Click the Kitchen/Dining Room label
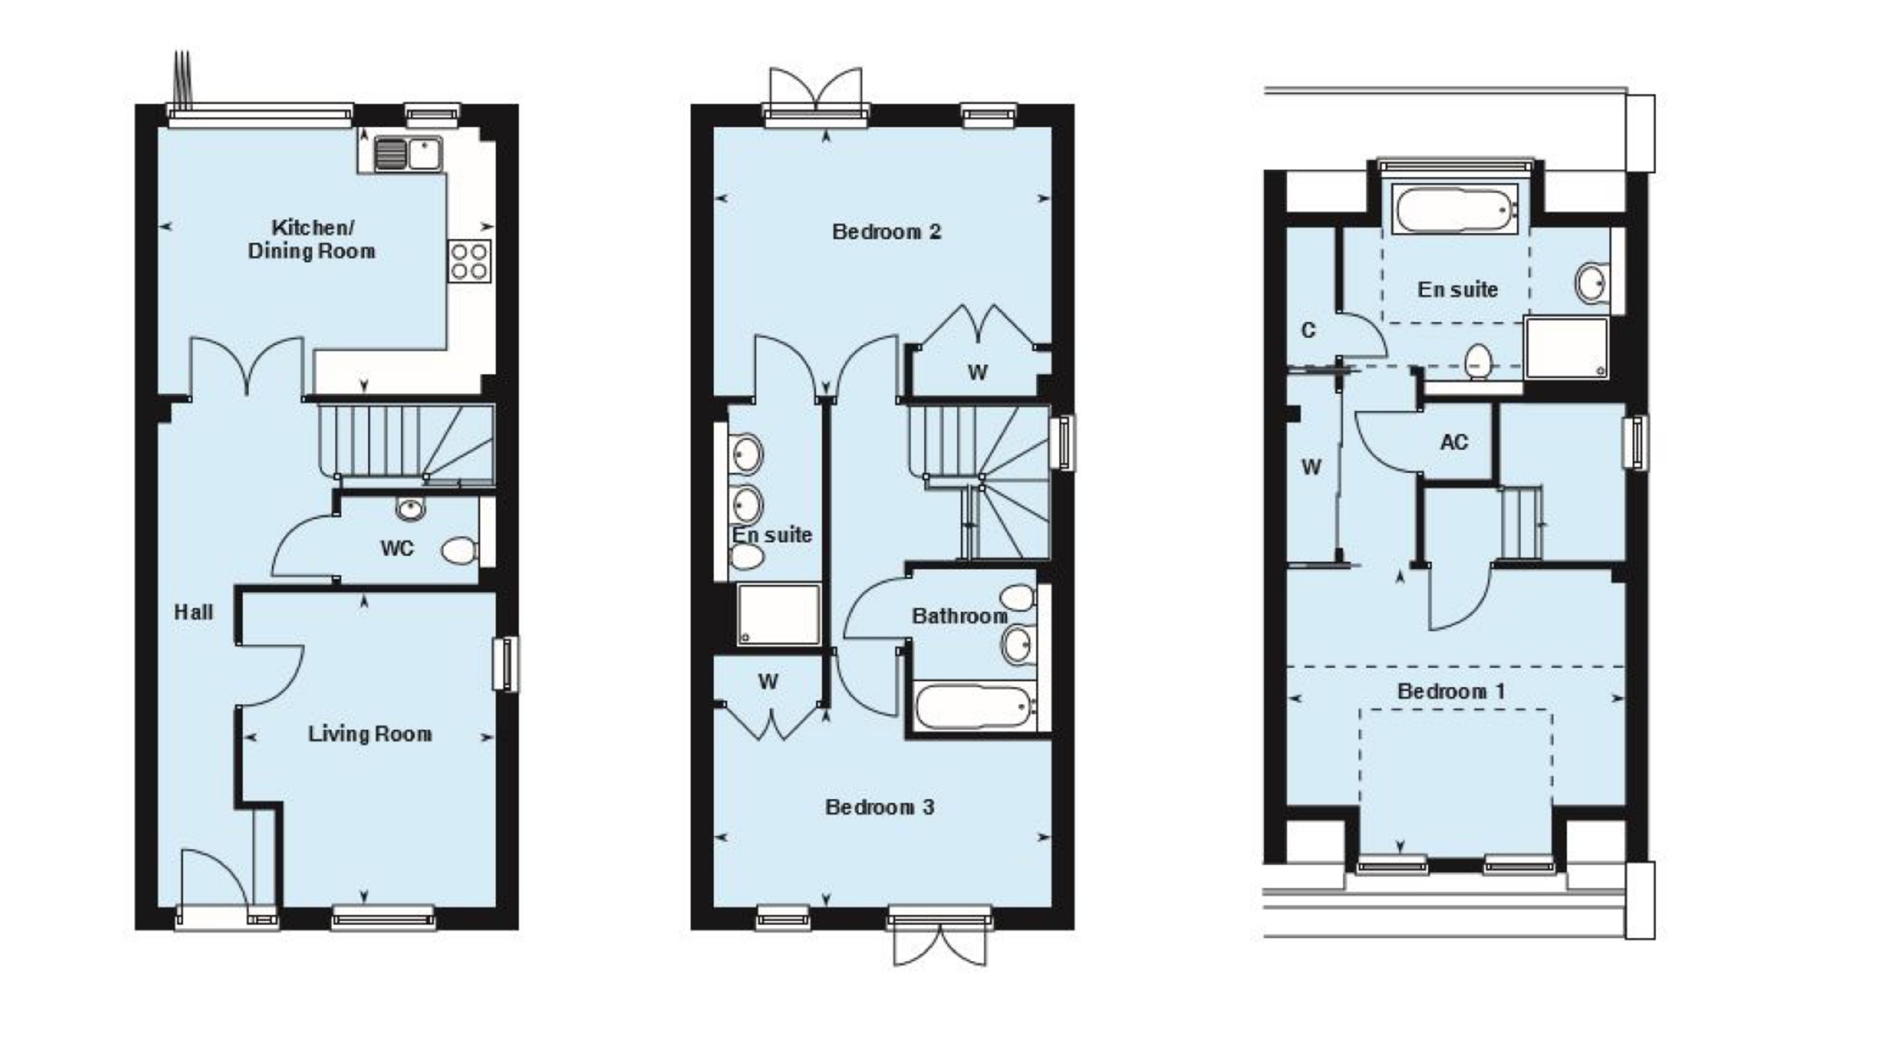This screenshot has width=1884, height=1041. pyautogui.click(x=312, y=239)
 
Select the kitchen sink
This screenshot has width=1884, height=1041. pyautogui.click(x=408, y=153)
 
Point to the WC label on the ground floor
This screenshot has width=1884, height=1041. pyautogui.click(x=397, y=548)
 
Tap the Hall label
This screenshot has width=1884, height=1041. pyautogui.click(x=194, y=612)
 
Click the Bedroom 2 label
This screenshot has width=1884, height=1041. pyautogui.click(x=887, y=232)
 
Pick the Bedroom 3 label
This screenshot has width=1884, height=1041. pyautogui.click(x=880, y=807)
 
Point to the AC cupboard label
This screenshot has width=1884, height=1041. pyautogui.click(x=1454, y=442)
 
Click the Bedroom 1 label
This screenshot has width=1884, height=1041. pyautogui.click(x=1451, y=691)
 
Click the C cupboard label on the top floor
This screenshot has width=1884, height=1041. pyautogui.click(x=1309, y=331)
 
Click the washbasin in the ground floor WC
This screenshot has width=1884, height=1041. pyautogui.click(x=411, y=508)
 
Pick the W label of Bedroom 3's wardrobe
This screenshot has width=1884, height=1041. pyautogui.click(x=768, y=682)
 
